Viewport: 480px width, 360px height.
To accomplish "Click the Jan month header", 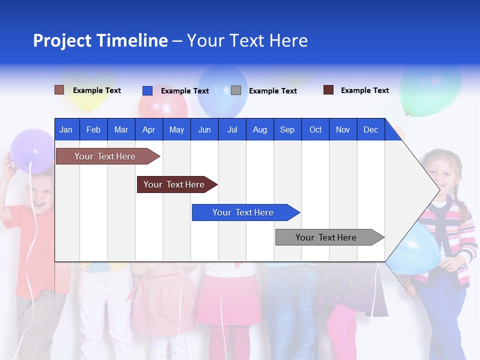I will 66,129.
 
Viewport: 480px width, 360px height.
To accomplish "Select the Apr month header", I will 148,129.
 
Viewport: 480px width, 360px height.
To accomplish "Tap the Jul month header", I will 232,129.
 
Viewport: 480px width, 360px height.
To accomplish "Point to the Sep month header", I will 287,129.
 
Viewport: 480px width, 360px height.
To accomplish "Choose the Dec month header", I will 370,129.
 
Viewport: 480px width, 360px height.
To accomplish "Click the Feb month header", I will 93,129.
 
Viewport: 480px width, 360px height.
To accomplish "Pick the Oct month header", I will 315,129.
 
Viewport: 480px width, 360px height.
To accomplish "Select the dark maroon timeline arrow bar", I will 175,184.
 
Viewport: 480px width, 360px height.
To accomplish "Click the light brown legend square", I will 59,90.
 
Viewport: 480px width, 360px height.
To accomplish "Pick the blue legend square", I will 147,90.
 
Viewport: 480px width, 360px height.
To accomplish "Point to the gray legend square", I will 236,90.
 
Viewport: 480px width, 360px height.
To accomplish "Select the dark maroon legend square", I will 328,90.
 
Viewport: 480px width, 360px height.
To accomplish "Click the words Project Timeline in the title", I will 100,40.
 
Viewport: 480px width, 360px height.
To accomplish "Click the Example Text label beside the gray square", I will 272,91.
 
